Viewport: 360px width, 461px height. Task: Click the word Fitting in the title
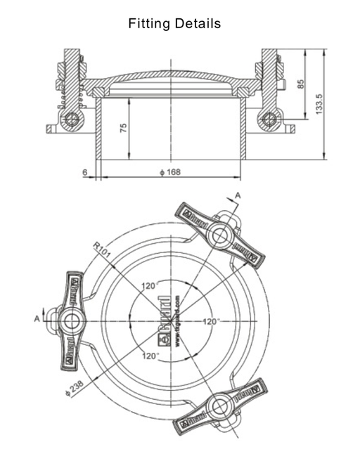point(150,24)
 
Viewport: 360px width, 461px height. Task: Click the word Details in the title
point(198,24)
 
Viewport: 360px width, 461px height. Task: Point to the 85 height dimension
point(301,84)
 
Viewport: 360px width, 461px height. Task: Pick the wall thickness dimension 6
point(84,171)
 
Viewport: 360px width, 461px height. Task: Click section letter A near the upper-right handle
point(238,195)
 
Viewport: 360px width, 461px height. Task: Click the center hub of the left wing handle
point(71,321)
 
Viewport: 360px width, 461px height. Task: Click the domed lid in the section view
point(171,77)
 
